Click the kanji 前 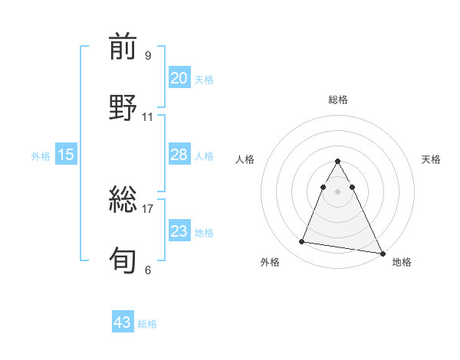[x=123, y=48]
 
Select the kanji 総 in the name [x=123, y=201]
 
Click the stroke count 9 [x=147, y=55]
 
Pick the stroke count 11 [x=148, y=117]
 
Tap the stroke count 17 [x=148, y=208]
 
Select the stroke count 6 [x=147, y=270]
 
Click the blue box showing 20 [x=179, y=78]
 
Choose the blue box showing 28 [x=179, y=155]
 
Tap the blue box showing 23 [x=179, y=231]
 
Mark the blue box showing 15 [x=66, y=155]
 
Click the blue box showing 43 [x=122, y=322]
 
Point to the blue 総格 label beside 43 [x=147, y=324]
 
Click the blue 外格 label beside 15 [x=41, y=156]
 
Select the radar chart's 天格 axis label [x=431, y=159]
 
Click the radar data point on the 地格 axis [x=382, y=252]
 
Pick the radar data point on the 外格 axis [x=302, y=242]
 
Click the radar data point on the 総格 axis [x=337, y=162]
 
